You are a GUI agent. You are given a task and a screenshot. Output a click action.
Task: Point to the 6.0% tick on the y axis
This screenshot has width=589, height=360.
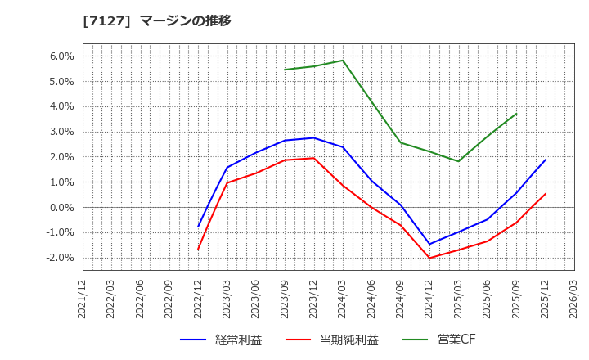[62, 56]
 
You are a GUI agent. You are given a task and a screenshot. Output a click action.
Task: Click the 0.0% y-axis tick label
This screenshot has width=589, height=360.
[62, 208]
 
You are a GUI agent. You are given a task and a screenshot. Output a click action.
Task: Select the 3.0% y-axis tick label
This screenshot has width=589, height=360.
[62, 132]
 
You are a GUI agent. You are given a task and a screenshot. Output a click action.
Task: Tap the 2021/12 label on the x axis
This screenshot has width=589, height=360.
[83, 300]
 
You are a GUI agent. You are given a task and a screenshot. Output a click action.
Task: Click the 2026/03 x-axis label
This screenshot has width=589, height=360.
[574, 300]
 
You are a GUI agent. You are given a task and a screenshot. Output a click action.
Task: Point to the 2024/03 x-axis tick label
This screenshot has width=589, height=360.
[343, 300]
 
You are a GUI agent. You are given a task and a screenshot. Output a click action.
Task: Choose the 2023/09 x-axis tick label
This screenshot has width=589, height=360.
[285, 300]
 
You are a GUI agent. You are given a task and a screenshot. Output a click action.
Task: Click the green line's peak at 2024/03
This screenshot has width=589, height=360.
[343, 61]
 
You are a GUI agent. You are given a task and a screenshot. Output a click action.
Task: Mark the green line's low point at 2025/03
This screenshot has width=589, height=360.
[458, 161]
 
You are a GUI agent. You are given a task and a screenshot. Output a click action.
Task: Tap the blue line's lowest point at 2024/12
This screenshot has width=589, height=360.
[429, 244]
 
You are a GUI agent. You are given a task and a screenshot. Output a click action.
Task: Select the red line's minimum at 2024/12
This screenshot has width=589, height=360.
[429, 259]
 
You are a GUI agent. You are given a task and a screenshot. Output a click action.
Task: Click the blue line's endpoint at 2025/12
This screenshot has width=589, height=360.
[546, 160]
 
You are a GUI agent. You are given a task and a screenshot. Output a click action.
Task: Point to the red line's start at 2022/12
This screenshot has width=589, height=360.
[198, 249]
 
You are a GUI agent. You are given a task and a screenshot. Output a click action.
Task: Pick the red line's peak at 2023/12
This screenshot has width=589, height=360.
[313, 158]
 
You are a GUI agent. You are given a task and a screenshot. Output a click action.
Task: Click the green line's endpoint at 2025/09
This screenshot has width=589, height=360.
[516, 114]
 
